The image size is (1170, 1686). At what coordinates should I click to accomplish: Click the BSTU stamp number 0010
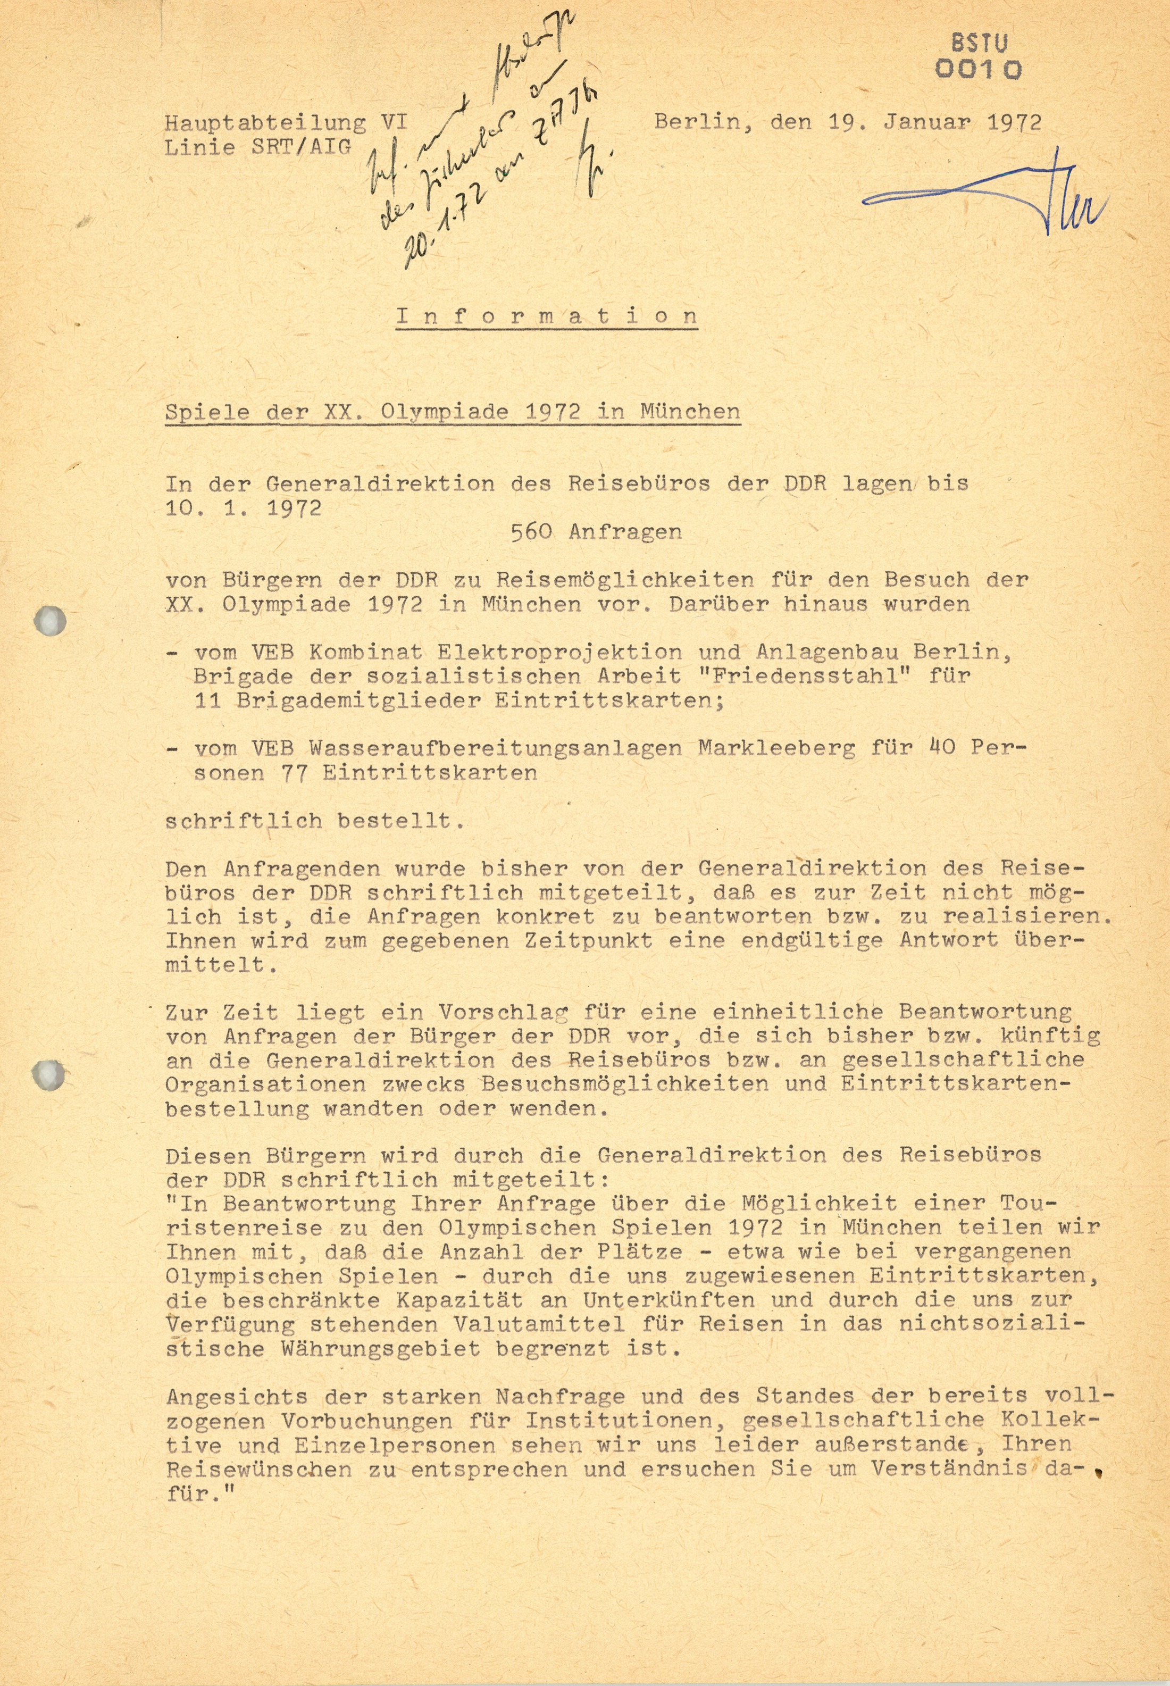click(x=979, y=70)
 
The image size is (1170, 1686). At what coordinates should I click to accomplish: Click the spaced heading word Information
click(x=546, y=316)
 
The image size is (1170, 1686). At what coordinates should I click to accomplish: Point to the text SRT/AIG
click(x=302, y=147)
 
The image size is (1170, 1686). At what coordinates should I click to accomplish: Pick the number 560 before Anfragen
click(x=531, y=531)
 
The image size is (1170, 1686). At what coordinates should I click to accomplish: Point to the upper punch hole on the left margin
click(x=50, y=622)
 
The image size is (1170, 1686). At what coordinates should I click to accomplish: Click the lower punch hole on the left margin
click(x=48, y=1075)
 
